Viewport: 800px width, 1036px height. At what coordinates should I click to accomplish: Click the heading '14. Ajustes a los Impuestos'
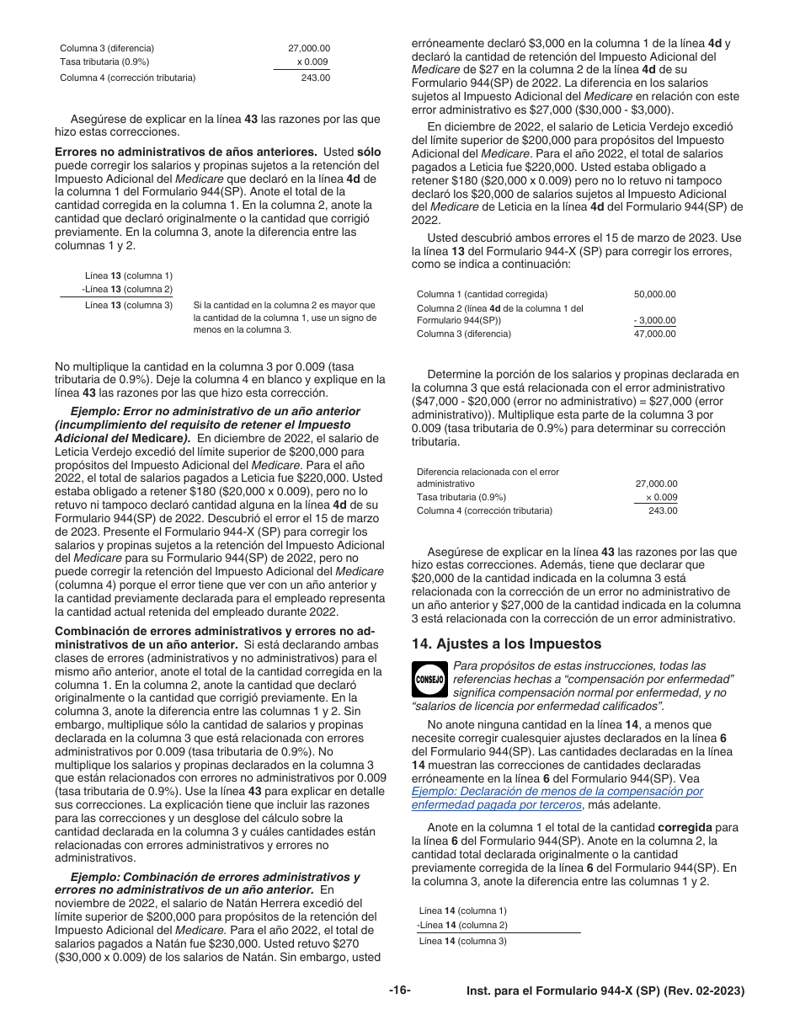(x=506, y=643)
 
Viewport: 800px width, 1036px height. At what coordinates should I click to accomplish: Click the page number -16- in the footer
(x=400, y=991)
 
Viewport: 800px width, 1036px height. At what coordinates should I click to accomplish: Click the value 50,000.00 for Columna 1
(x=654, y=294)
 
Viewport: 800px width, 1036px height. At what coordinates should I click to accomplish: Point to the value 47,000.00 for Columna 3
(x=654, y=334)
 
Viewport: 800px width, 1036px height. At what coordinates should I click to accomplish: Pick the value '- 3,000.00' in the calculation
(x=654, y=320)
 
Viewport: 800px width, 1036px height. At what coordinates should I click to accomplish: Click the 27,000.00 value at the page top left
(x=309, y=49)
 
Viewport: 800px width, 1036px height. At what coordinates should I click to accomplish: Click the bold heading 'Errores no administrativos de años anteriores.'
(x=185, y=152)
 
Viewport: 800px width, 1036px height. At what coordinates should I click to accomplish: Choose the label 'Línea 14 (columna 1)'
(x=462, y=911)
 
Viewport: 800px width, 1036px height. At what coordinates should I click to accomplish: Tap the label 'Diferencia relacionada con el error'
(x=488, y=472)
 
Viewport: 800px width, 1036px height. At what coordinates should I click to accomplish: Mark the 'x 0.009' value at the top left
(x=313, y=61)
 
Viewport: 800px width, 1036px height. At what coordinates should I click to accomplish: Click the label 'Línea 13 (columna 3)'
(x=129, y=305)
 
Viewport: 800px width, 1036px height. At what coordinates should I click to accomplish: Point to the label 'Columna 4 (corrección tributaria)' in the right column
(x=484, y=510)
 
